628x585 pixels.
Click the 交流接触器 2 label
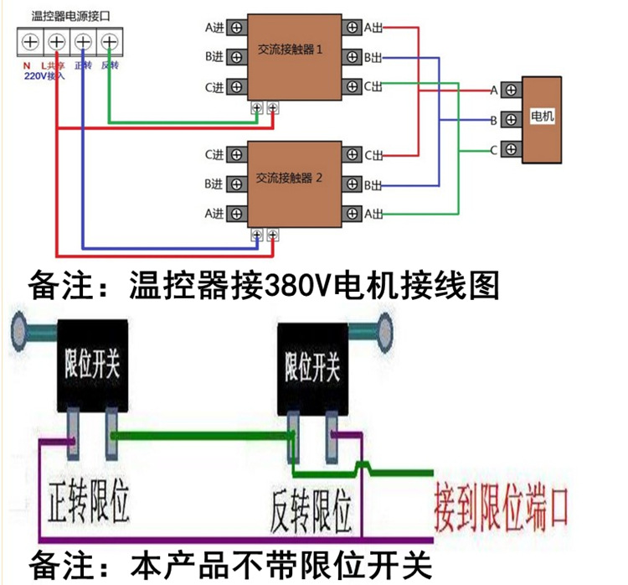[x=289, y=179]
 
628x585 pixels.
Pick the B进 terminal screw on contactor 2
[x=238, y=184]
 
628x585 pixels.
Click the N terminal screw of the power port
[x=31, y=40]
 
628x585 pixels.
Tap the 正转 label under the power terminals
[x=82, y=65]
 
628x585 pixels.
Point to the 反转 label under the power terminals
[x=109, y=65]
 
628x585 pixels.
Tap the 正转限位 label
[x=89, y=500]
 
